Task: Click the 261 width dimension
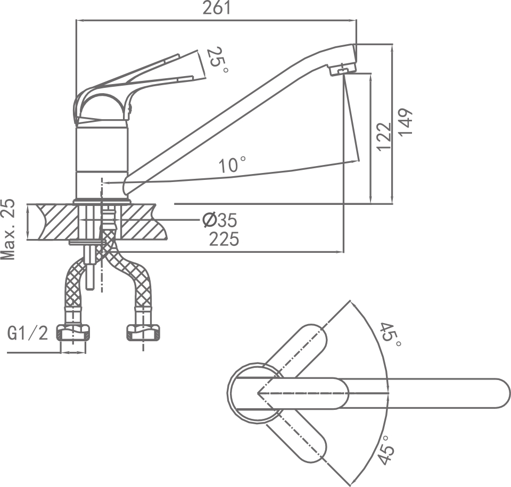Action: click(x=217, y=9)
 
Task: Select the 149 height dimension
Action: click(x=407, y=122)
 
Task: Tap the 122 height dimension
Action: click(x=384, y=136)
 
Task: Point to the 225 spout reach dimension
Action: click(x=224, y=240)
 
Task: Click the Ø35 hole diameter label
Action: click(x=219, y=220)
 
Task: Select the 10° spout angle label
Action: click(x=232, y=165)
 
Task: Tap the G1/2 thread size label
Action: click(x=28, y=333)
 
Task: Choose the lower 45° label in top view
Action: click(x=388, y=450)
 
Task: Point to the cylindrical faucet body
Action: click(x=102, y=160)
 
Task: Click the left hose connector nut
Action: click(x=73, y=333)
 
